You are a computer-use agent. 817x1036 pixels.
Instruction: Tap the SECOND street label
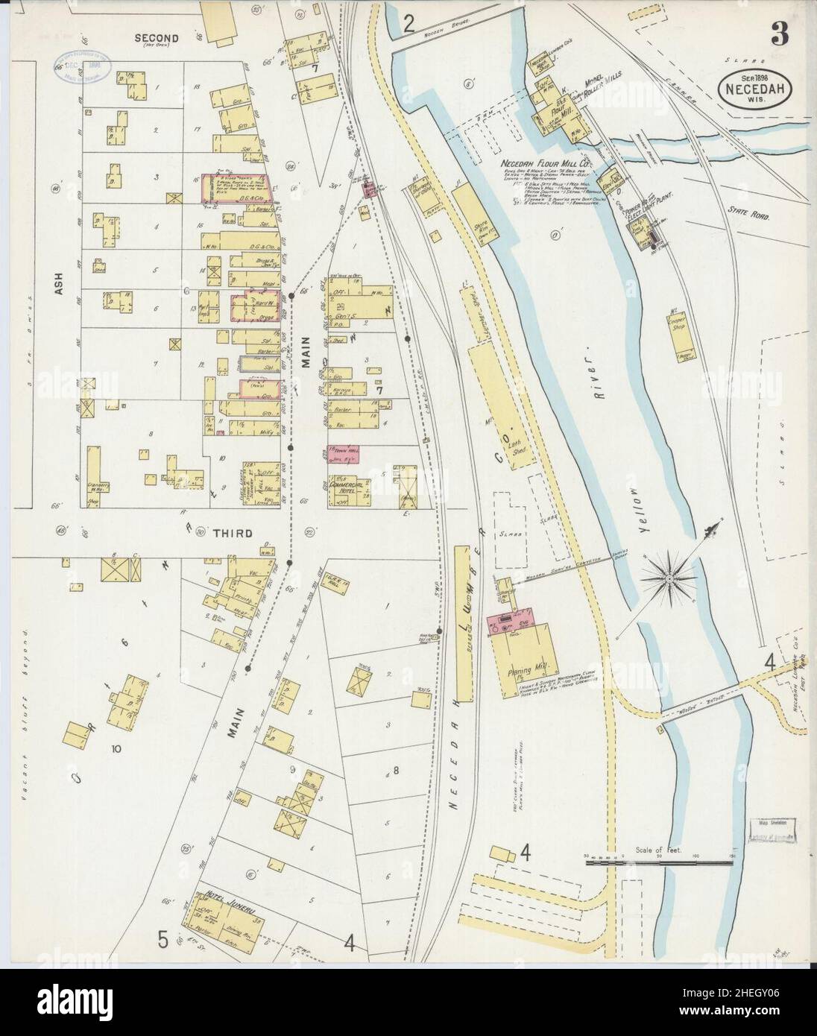(x=157, y=39)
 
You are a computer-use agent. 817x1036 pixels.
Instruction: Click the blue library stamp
(x=81, y=71)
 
